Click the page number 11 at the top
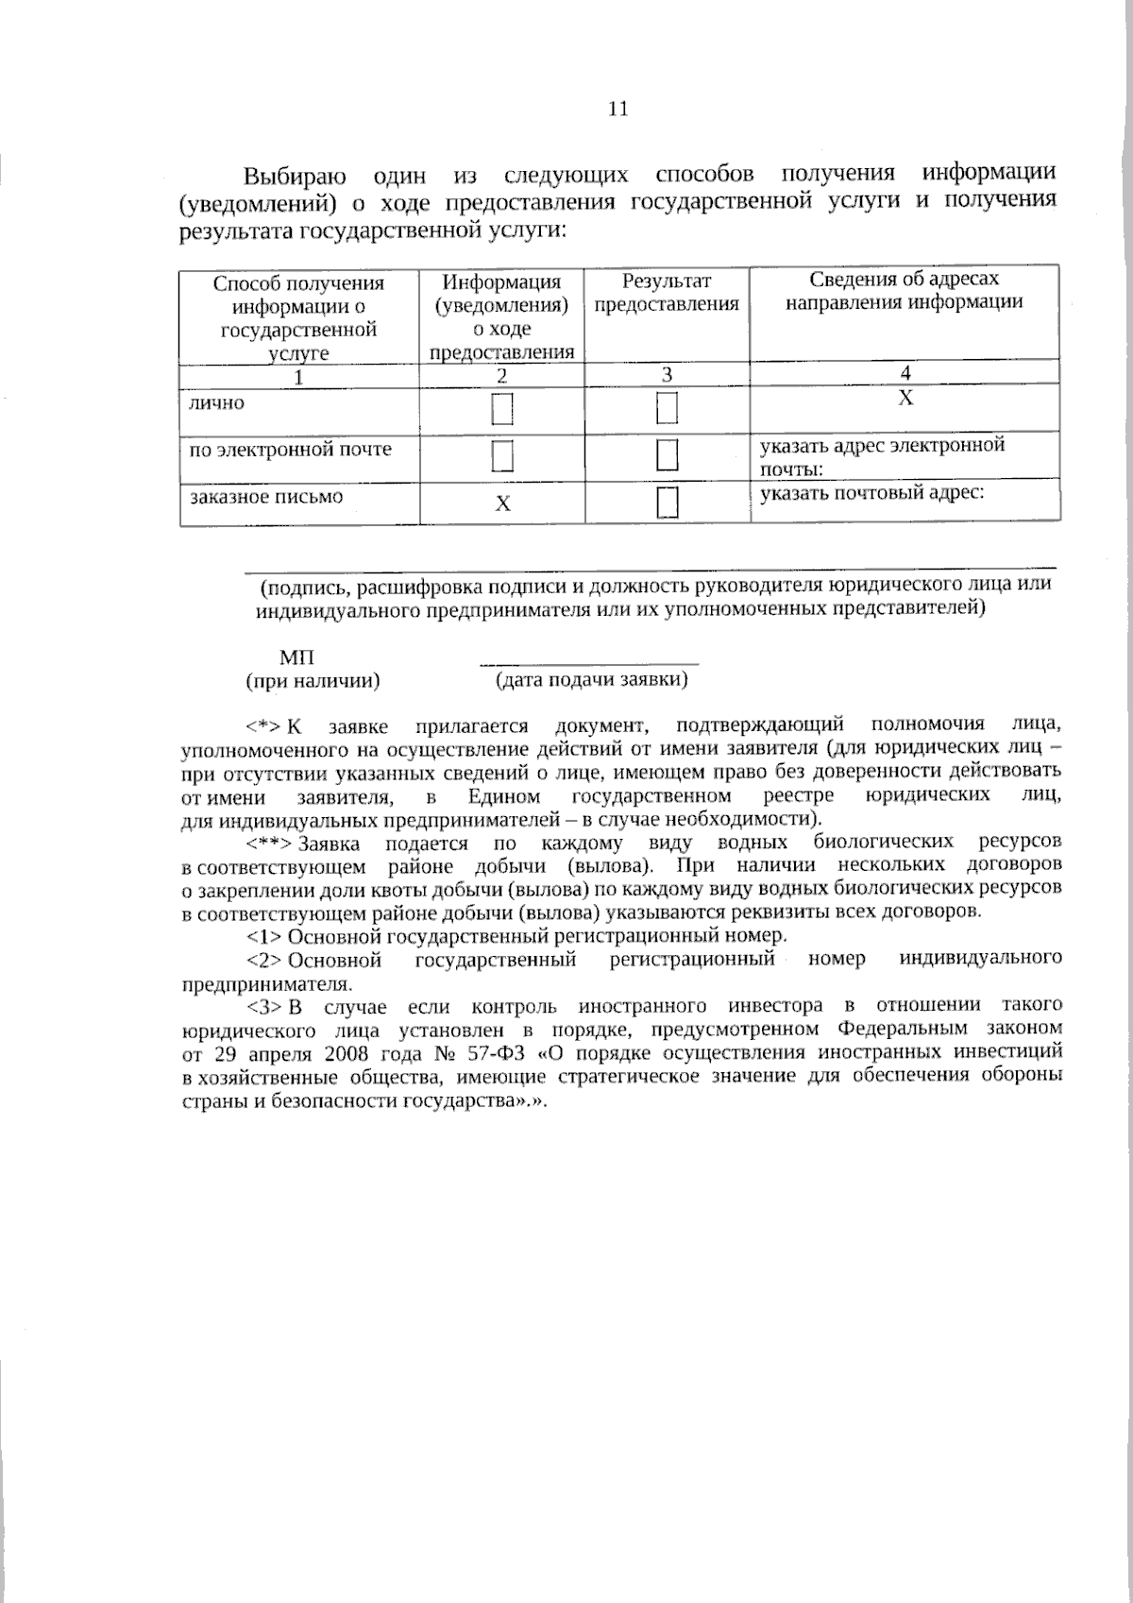617,109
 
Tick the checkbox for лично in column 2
502,410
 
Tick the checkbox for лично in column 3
668,410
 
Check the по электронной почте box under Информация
502,455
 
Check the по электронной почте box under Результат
668,455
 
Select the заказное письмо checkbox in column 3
668,502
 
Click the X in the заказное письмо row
503,503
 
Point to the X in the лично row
905,399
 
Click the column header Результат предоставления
667,293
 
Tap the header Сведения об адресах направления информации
905,291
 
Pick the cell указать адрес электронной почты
882,456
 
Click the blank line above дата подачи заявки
589,664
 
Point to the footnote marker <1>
264,937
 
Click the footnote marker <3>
264,1005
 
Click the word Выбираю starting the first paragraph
295,177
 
